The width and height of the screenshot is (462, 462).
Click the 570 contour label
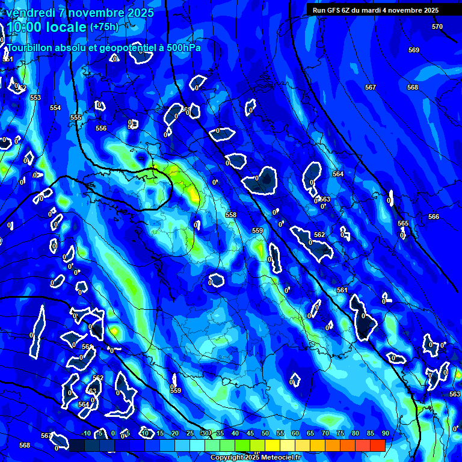[437, 26]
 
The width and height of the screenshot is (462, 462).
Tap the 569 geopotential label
[414, 50]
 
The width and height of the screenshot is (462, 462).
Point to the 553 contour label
[35, 97]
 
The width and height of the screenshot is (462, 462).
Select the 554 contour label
[55, 108]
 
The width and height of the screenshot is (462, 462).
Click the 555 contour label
[76, 117]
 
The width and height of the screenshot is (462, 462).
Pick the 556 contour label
[101, 128]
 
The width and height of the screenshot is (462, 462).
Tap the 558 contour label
[231, 215]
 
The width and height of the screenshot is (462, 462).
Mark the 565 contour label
[403, 223]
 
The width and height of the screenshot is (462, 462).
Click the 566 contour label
[434, 217]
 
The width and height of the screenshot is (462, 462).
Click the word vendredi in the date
[29, 13]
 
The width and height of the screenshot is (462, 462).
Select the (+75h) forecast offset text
[104, 26]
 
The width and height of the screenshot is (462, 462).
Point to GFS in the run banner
[333, 10]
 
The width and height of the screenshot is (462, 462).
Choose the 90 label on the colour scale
[385, 433]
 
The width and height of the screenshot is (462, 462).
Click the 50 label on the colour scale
[265, 433]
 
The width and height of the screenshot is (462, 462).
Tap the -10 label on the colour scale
[85, 433]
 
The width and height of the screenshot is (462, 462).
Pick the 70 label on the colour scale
[325, 433]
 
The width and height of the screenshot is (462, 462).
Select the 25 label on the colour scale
[190, 433]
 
